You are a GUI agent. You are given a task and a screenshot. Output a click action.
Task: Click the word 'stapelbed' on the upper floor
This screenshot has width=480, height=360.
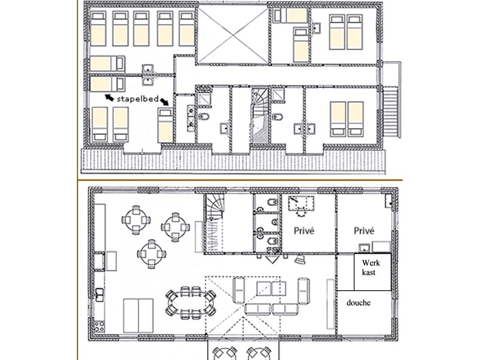coord(138,99)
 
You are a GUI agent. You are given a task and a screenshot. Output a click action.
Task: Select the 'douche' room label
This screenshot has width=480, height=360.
coord(359,303)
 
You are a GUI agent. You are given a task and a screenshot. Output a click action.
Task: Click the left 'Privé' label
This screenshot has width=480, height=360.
coord(304,231)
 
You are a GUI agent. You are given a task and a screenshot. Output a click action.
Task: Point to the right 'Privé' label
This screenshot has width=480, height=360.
coord(364,231)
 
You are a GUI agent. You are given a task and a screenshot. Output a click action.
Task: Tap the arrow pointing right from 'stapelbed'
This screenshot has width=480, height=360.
coord(164,102)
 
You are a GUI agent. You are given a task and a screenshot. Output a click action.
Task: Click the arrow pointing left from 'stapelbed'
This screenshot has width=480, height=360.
coord(110,98)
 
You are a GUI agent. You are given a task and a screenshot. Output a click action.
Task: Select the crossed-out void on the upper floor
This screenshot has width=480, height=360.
coord(233,36)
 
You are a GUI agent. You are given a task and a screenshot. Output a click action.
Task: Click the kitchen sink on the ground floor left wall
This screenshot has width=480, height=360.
coord(99,294)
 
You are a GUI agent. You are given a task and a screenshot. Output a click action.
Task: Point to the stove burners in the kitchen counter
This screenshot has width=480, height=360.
coord(99,326)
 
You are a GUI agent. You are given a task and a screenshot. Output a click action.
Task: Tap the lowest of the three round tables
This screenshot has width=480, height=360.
coord(151,254)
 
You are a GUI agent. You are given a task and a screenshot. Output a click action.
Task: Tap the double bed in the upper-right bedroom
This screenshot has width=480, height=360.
coord(346,32)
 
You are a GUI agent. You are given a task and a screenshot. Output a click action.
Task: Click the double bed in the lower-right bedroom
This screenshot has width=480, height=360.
coord(347,119)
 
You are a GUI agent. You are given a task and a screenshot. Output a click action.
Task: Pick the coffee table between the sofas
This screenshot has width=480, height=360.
coord(271,288)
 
